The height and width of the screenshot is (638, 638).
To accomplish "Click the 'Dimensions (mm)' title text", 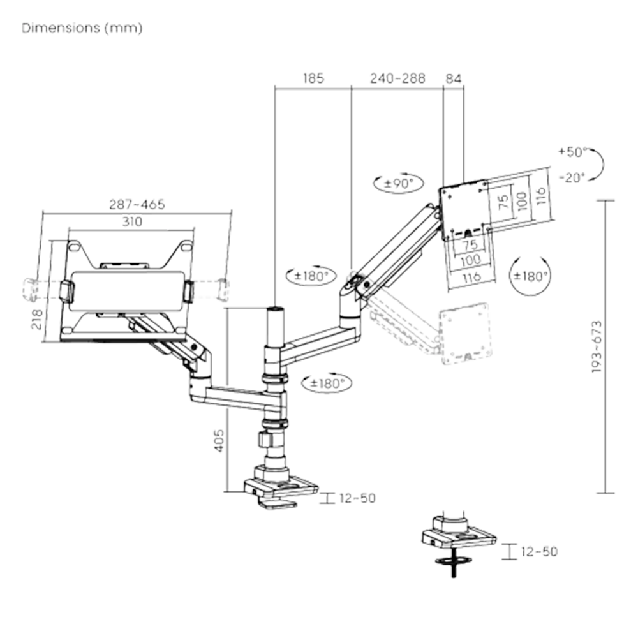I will pos(82,29).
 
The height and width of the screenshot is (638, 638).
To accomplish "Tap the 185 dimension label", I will pos(313,79).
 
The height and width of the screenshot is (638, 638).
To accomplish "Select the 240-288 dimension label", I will pos(397,79).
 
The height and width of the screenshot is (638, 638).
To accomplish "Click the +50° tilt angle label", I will pos(570,153).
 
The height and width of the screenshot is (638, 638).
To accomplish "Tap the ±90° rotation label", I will pos(395,184).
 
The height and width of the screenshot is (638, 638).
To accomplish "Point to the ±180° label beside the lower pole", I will pos(327,383).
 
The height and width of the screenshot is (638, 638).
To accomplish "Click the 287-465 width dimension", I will pos(137,205).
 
